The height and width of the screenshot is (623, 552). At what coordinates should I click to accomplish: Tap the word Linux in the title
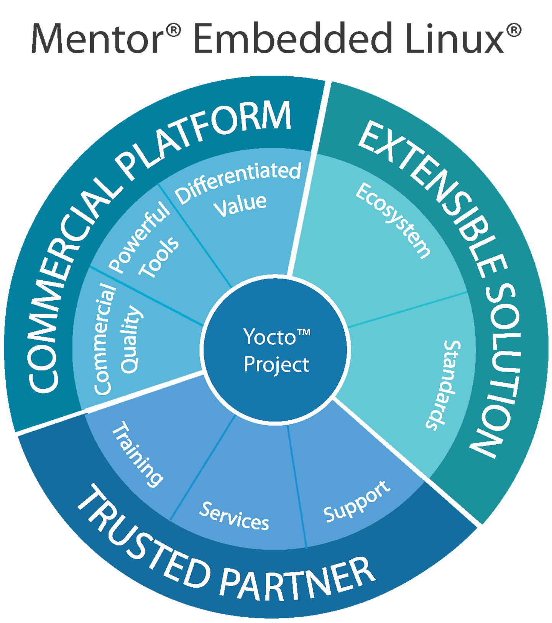point(454,38)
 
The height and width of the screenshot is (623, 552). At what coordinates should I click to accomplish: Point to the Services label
point(234,516)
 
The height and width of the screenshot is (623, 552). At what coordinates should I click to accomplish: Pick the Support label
point(356,502)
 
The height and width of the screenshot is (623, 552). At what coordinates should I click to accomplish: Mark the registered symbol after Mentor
point(174,30)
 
